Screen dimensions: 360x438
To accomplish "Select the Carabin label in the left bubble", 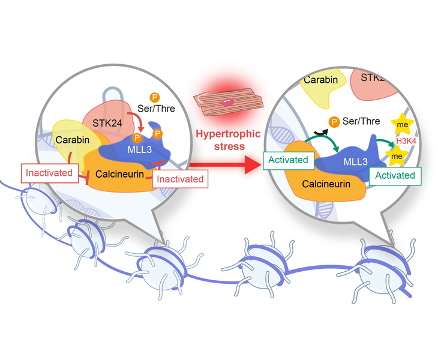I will point(73,140).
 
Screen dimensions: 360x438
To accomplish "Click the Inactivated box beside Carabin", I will point(50,173).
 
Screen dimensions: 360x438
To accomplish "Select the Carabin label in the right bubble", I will point(320,80).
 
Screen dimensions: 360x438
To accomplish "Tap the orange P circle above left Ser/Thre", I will point(154,97).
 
